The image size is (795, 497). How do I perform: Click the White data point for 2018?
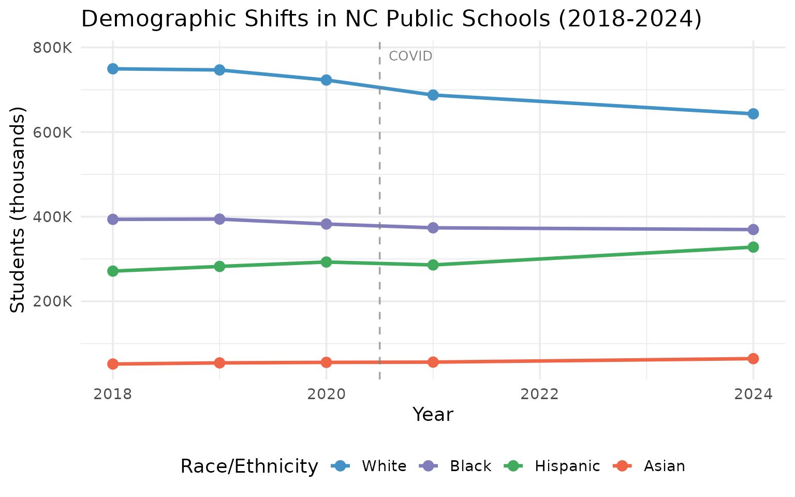tap(113, 69)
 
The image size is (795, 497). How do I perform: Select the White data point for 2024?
tap(753, 114)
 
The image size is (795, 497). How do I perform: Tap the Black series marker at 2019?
tap(219, 219)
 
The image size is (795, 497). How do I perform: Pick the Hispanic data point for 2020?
tap(326, 262)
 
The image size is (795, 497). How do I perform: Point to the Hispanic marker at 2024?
tap(753, 247)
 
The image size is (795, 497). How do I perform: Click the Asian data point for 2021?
tap(433, 362)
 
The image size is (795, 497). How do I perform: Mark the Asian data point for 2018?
tap(113, 364)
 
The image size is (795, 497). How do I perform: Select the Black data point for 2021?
tap(433, 228)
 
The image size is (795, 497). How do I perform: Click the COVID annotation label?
tap(410, 56)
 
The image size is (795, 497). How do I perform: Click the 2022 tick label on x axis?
tap(540, 394)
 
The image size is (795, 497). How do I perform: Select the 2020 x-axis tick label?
tap(326, 394)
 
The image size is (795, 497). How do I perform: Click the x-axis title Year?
tap(433, 415)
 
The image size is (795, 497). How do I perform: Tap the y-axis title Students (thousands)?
tap(18, 210)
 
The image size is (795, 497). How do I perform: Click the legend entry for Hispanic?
tap(567, 466)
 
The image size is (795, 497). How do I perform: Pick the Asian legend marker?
tap(623, 466)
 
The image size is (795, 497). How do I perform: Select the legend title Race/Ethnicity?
tap(248, 466)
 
